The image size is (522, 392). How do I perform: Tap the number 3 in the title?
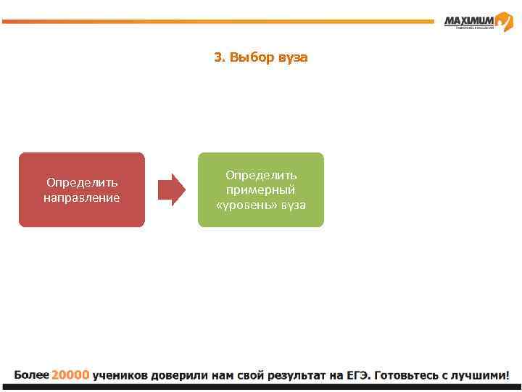pos(218,57)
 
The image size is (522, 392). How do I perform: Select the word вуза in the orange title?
pos(293,57)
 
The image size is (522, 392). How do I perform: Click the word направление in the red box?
pos(81,197)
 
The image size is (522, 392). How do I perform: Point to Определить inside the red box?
pos(81,182)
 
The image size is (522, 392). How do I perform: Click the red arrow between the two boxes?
pos(172,189)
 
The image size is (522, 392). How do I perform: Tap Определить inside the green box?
pos(261,175)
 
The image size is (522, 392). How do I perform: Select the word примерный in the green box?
pos(261,190)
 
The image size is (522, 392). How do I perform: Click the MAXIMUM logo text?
pos(468,20)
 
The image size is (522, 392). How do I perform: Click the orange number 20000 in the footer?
pos(70,375)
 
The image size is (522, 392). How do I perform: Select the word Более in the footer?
pos(31,375)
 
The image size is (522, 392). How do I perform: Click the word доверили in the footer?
pos(180,375)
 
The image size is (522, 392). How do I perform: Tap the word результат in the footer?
pos(297,375)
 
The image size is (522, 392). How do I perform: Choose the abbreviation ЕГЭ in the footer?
pos(357,375)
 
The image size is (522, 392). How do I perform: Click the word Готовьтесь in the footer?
pos(411,375)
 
